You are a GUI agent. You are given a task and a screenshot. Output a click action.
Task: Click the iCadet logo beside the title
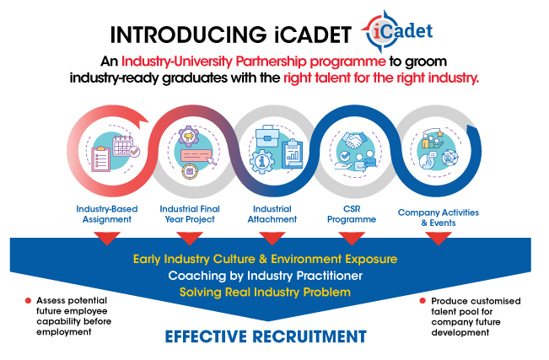tap(397, 31)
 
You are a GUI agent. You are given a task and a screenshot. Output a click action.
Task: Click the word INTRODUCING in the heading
tap(188, 35)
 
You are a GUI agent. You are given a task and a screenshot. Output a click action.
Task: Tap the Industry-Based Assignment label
tap(107, 214)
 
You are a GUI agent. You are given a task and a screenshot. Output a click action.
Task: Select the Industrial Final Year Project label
tap(190, 214)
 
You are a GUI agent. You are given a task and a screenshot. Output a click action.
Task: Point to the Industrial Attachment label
tap(272, 214)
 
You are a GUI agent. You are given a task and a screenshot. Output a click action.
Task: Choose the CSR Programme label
tap(352, 214)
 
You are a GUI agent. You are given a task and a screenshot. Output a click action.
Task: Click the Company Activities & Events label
tap(439, 218)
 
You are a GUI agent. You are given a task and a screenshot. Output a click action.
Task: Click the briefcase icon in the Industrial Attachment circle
tap(267, 137)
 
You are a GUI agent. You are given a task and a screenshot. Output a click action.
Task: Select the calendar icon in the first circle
tap(123, 145)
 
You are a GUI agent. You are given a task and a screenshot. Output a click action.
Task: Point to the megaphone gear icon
tap(188, 136)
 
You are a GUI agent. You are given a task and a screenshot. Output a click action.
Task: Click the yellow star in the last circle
tap(439, 134)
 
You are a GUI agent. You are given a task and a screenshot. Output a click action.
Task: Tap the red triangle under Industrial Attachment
tap(272, 238)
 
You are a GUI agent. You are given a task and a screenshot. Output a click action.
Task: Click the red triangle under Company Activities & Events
tap(439, 238)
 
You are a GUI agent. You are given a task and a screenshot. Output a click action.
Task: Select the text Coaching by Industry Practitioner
tap(266, 276)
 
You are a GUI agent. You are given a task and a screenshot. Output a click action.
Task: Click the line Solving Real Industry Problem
tap(265, 292)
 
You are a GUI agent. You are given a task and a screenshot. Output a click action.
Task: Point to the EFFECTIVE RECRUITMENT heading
tap(266, 336)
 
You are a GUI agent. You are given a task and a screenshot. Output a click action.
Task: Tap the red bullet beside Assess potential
tap(28, 301)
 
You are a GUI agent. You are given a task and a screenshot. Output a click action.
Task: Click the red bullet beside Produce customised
tap(423, 301)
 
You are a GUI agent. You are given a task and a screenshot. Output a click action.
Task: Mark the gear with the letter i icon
tap(262, 161)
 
